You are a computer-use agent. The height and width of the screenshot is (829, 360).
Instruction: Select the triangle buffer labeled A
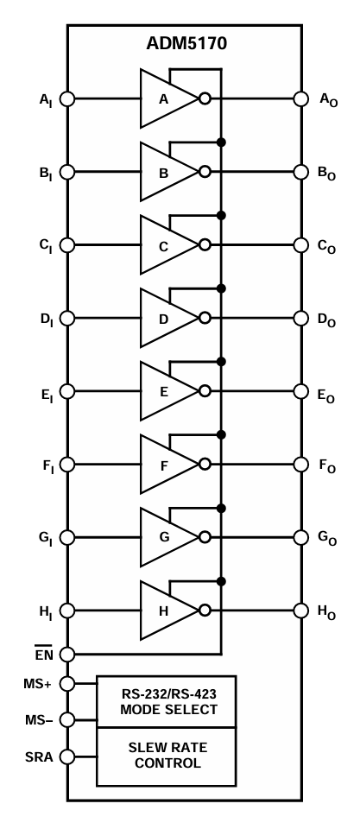point(167,98)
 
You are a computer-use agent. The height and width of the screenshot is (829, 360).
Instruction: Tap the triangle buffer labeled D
point(167,318)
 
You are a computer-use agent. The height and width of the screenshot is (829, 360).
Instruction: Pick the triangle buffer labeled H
point(167,610)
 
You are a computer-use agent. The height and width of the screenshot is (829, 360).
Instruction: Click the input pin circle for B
point(68,172)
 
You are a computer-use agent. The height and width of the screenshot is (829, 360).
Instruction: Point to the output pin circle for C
point(301,245)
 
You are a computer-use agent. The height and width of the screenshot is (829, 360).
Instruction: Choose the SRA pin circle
point(68,756)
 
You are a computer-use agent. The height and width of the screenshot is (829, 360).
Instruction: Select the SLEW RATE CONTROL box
point(165,756)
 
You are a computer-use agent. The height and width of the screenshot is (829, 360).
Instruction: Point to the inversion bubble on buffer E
point(205,391)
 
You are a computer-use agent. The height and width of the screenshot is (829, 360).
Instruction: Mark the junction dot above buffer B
point(222,142)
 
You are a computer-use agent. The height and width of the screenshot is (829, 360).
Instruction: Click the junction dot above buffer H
point(222,580)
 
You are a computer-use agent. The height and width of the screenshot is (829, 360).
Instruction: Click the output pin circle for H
point(301,611)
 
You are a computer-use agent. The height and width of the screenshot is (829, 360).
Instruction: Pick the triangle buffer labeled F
point(167,464)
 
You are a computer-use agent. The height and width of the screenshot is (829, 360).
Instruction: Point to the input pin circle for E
point(68,391)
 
